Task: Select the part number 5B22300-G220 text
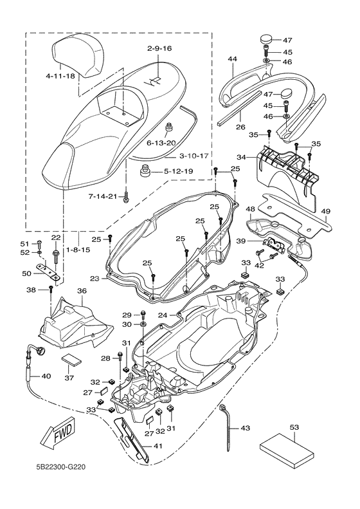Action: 60,467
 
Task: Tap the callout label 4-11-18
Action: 60,77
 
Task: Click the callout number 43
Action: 246,428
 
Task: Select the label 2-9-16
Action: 159,48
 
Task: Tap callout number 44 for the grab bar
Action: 232,59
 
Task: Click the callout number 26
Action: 240,127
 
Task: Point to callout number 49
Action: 326,211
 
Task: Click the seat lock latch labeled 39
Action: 275,243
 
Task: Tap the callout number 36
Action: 82,291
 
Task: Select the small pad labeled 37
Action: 71,360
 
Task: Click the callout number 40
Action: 46,376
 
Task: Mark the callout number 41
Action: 157,446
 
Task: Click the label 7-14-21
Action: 102,196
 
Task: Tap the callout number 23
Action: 94,278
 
